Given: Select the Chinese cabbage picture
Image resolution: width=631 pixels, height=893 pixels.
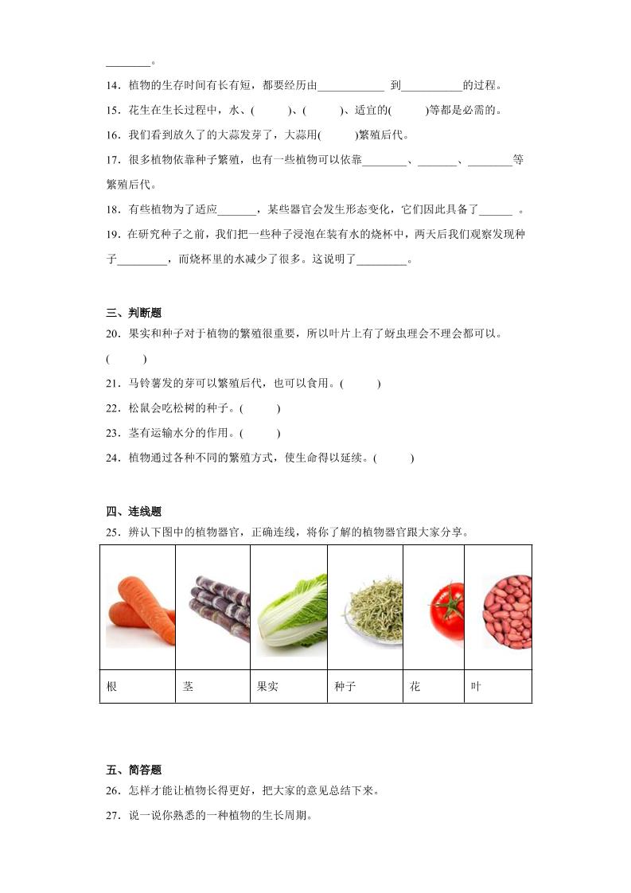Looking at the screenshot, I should [x=291, y=613].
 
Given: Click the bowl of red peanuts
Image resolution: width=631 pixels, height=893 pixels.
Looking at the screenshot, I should [x=508, y=611].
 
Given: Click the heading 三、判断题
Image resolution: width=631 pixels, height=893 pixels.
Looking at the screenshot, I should [x=133, y=313].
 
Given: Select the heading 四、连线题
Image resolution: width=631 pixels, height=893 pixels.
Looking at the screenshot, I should [x=133, y=512].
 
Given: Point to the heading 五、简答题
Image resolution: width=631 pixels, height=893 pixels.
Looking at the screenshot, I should [x=133, y=770].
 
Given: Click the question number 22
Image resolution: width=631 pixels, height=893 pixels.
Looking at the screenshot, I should [x=112, y=408].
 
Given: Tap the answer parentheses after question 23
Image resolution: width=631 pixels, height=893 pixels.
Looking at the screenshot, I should [x=260, y=433].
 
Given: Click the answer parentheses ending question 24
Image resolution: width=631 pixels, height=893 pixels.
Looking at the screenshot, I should [x=394, y=458].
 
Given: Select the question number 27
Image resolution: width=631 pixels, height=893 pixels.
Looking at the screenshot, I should [x=112, y=815].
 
